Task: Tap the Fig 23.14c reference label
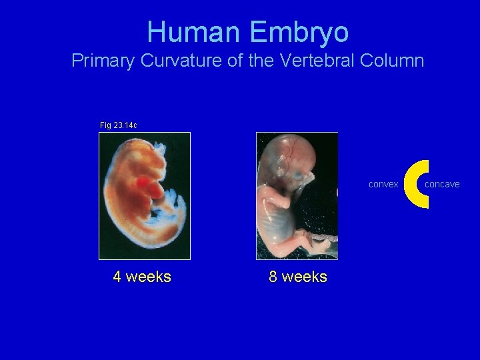point(118,125)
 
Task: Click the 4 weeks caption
point(142,277)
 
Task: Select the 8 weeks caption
point(298,277)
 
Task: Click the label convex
point(383,185)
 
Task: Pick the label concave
point(442,185)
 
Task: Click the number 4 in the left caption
point(117,277)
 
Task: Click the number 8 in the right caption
point(273,277)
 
